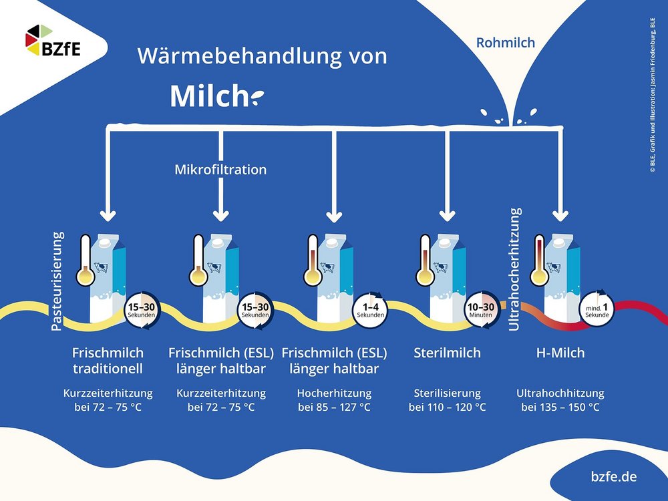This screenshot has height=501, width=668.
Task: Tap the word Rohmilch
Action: [x=506, y=43]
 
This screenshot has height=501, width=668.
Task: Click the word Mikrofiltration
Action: [x=220, y=170]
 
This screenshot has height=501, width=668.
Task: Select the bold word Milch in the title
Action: [x=208, y=96]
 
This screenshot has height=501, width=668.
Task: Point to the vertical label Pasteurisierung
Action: [x=58, y=281]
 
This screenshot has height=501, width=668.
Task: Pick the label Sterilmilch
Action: [x=447, y=353]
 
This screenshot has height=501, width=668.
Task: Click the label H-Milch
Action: [x=560, y=353]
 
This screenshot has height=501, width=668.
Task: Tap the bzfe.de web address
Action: [x=614, y=477]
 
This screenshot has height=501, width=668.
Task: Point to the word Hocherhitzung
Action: [x=334, y=393]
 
